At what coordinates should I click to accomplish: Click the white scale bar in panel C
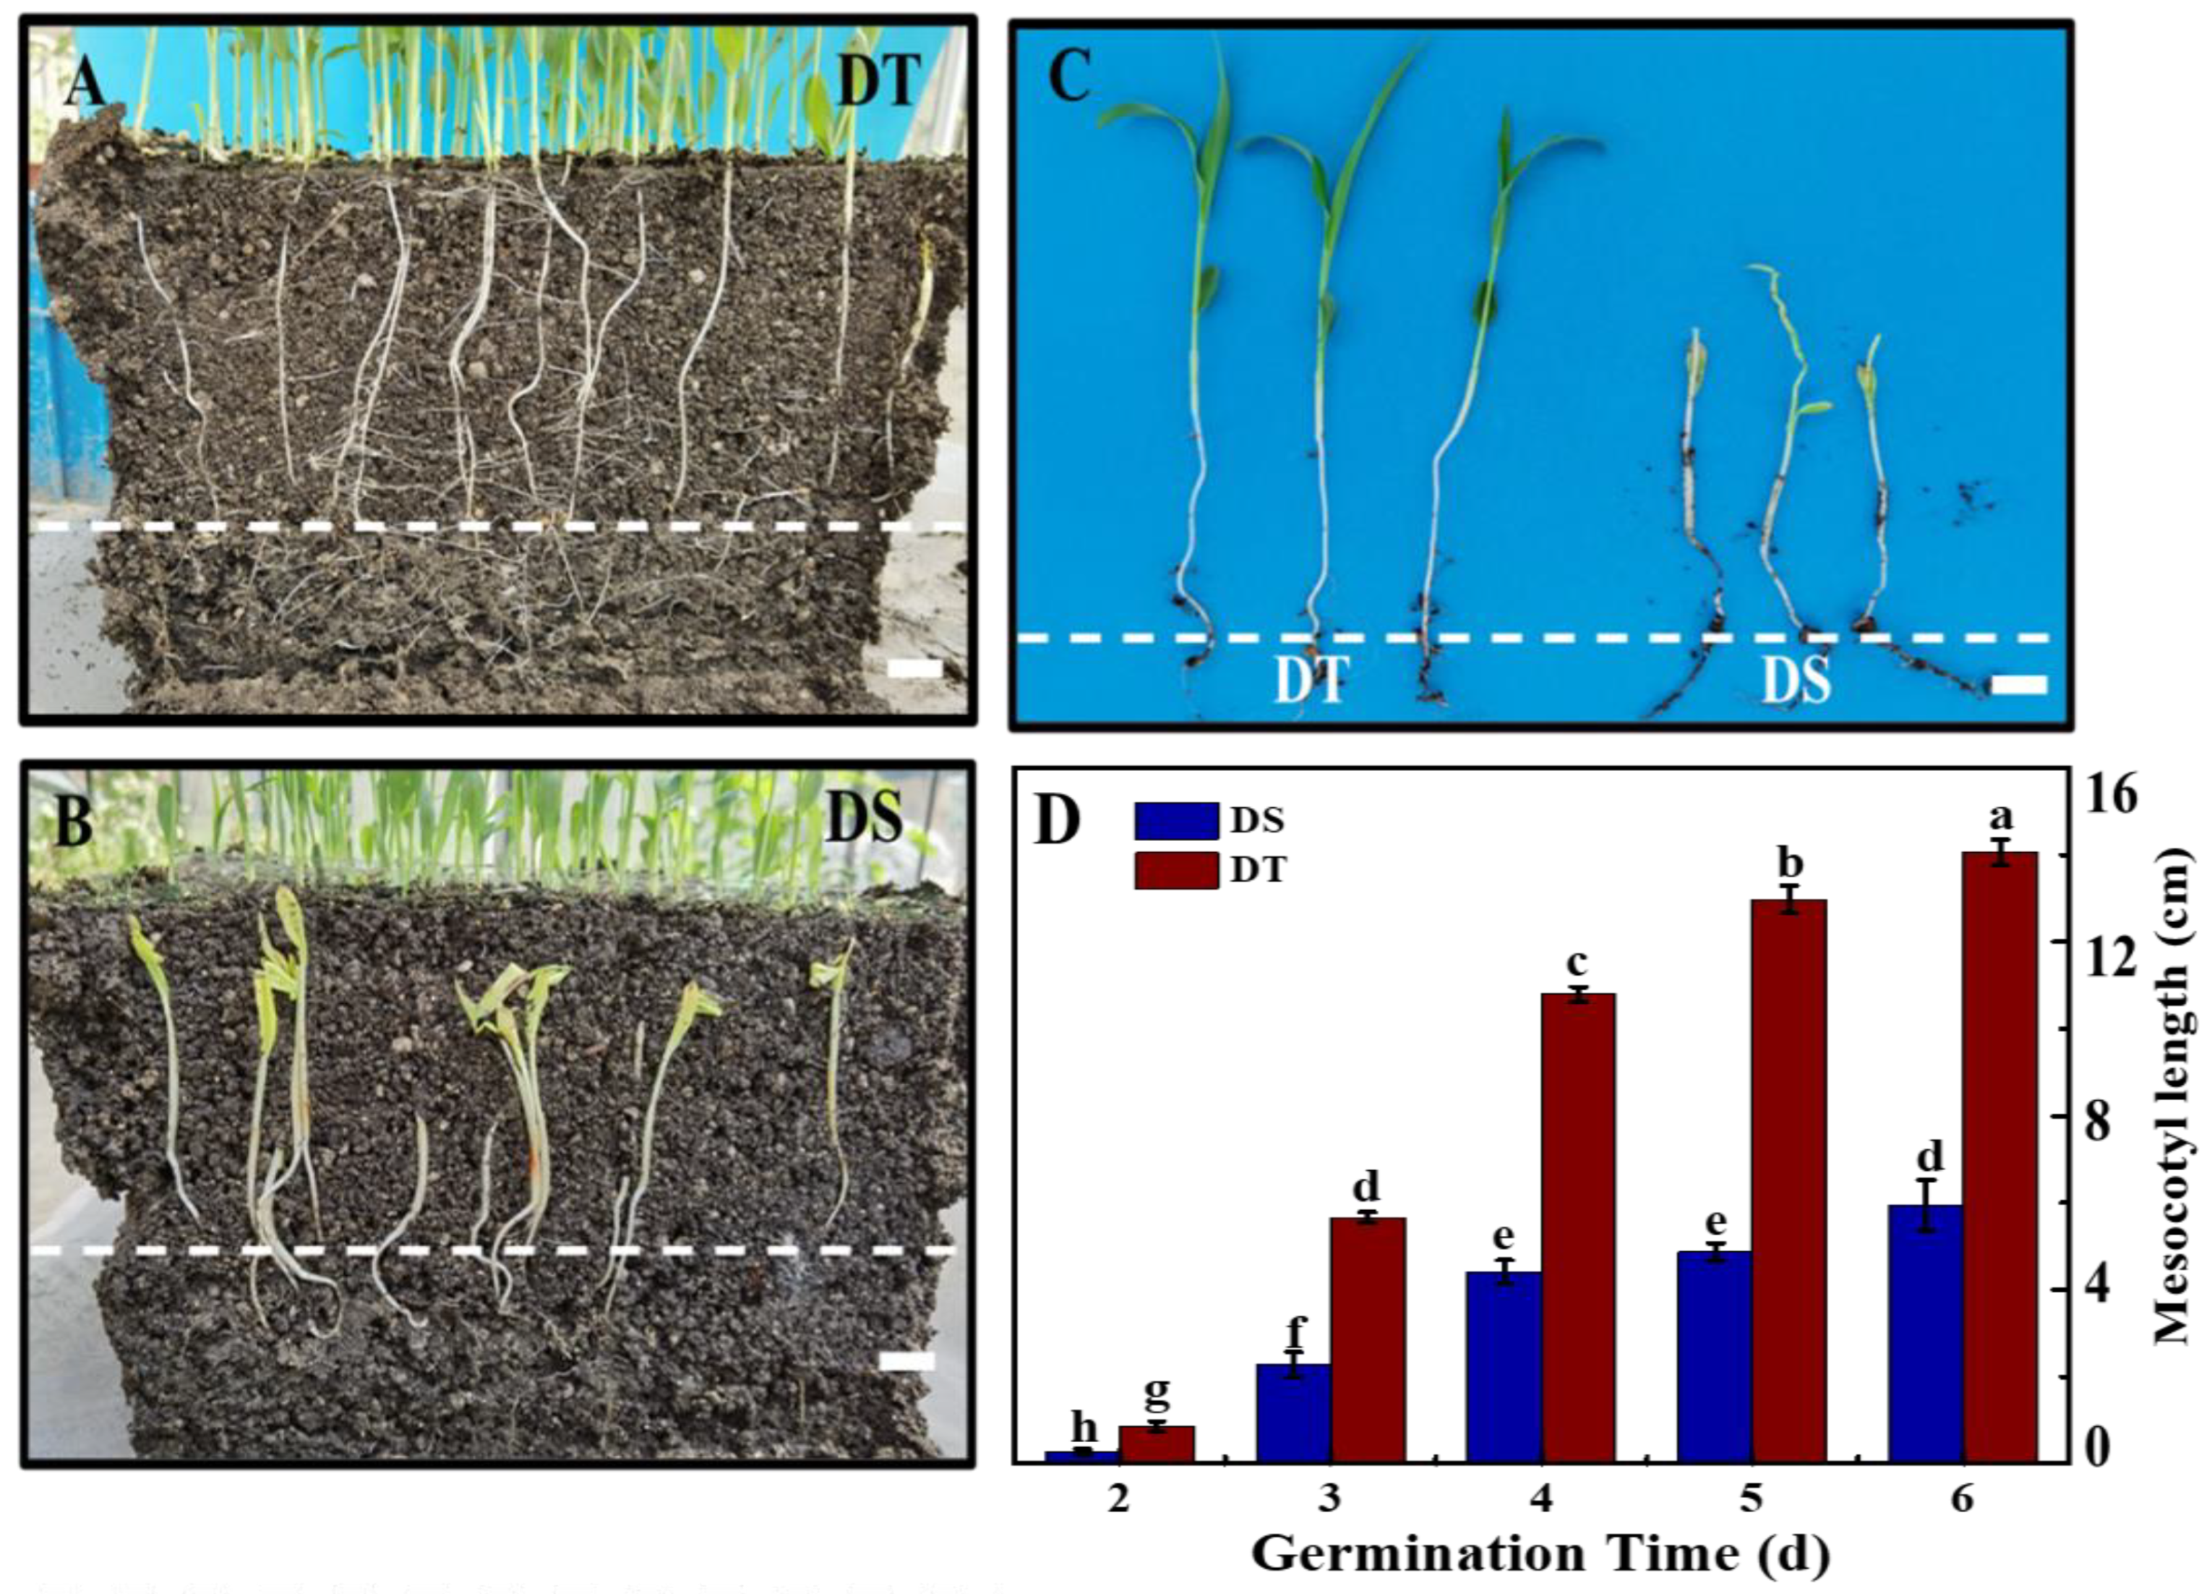pyautogui.click(x=2018, y=686)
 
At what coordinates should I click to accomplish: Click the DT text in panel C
pyautogui.click(x=1311, y=681)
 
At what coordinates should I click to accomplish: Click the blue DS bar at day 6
pyautogui.click(x=1924, y=1345)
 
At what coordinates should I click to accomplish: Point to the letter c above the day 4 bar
pyautogui.click(x=1577, y=962)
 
